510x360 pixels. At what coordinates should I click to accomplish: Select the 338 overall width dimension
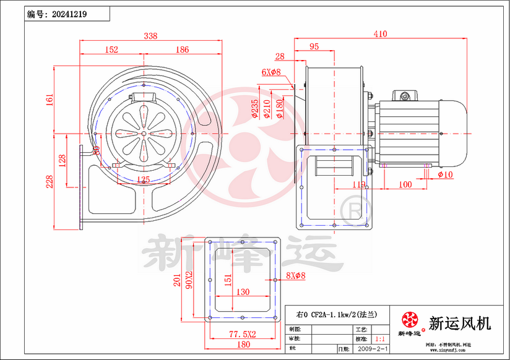pyautogui.click(x=150, y=36)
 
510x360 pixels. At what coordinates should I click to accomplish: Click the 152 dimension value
pyautogui.click(x=111, y=50)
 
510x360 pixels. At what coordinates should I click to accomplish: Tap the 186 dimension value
pyautogui.click(x=182, y=50)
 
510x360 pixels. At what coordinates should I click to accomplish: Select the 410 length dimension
pyautogui.click(x=381, y=35)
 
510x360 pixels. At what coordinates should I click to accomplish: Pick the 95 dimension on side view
pyautogui.click(x=314, y=47)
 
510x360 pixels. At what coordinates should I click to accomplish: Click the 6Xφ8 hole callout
pyautogui.click(x=270, y=72)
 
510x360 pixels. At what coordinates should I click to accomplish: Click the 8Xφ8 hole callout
pyautogui.click(x=296, y=276)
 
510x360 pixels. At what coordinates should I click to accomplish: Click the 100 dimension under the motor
pyautogui.click(x=405, y=185)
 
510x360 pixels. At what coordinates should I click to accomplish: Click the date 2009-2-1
pyautogui.click(x=374, y=349)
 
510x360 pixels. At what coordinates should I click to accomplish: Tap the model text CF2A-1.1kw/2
pyautogui.click(x=334, y=314)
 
